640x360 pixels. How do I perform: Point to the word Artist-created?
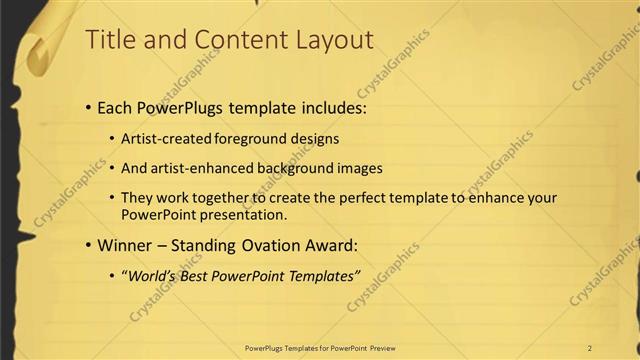pos(163,139)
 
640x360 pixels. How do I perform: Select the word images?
pos(358,169)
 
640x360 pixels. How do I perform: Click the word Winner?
pos(125,244)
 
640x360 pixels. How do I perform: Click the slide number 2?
pos(590,348)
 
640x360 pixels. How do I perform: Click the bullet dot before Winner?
pos(88,245)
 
